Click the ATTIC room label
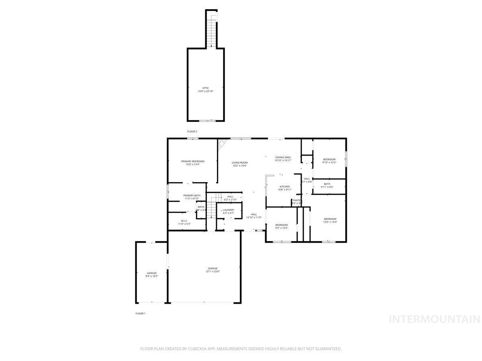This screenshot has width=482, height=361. pyautogui.click(x=205, y=88)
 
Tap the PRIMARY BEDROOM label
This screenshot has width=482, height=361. pyautogui.click(x=192, y=161)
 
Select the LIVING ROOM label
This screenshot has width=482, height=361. pyautogui.click(x=239, y=162)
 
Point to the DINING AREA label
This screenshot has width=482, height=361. pyautogui.click(x=283, y=157)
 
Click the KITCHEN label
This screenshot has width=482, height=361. pyautogui.click(x=285, y=187)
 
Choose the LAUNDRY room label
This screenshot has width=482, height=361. pyautogui.click(x=229, y=210)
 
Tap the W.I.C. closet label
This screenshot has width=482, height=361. pyautogui.click(x=184, y=221)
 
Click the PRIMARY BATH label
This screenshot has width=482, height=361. pyautogui.click(x=192, y=195)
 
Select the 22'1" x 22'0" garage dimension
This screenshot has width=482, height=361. pyautogui.click(x=212, y=272)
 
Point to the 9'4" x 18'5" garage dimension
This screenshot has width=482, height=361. pyautogui.click(x=151, y=276)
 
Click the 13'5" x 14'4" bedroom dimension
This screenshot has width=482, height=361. pyautogui.click(x=330, y=222)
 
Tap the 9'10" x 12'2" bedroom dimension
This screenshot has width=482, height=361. pyautogui.click(x=329, y=162)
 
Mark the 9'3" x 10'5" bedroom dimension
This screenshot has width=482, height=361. pyautogui.click(x=281, y=228)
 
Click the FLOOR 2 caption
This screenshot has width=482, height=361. pyautogui.click(x=192, y=132)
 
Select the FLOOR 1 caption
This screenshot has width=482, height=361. pyautogui.click(x=140, y=313)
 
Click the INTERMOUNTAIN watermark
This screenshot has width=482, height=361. pyautogui.click(x=435, y=319)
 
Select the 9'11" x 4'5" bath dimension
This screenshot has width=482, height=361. pyautogui.click(x=327, y=187)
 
